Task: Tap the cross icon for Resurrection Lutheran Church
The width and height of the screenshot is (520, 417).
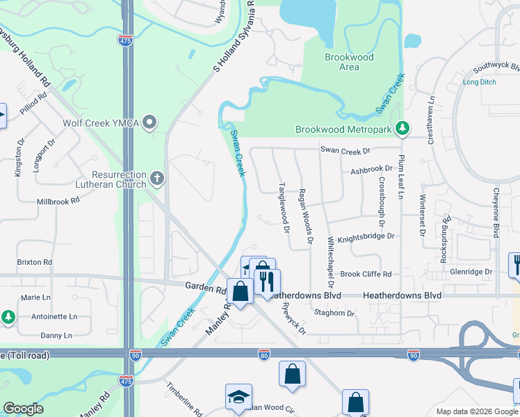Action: click(x=158, y=179)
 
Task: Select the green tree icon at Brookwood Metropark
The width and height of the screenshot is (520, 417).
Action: click(x=402, y=129)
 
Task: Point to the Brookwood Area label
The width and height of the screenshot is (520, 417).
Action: click(x=349, y=62)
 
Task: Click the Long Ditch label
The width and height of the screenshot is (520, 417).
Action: click(x=480, y=82)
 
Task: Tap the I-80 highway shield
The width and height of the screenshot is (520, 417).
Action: click(x=264, y=354)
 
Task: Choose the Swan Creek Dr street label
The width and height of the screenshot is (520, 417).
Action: click(x=346, y=150)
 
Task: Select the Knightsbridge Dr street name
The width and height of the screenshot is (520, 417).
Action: click(x=366, y=236)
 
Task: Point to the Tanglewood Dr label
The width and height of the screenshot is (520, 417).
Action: click(x=283, y=203)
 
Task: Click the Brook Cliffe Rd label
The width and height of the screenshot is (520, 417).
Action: click(x=366, y=274)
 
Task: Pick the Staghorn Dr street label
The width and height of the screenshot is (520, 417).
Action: click(x=335, y=313)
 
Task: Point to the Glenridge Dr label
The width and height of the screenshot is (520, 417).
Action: click(x=471, y=272)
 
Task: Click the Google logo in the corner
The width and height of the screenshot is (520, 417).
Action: click(x=23, y=409)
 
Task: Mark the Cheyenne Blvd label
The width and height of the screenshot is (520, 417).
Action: click(x=496, y=213)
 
